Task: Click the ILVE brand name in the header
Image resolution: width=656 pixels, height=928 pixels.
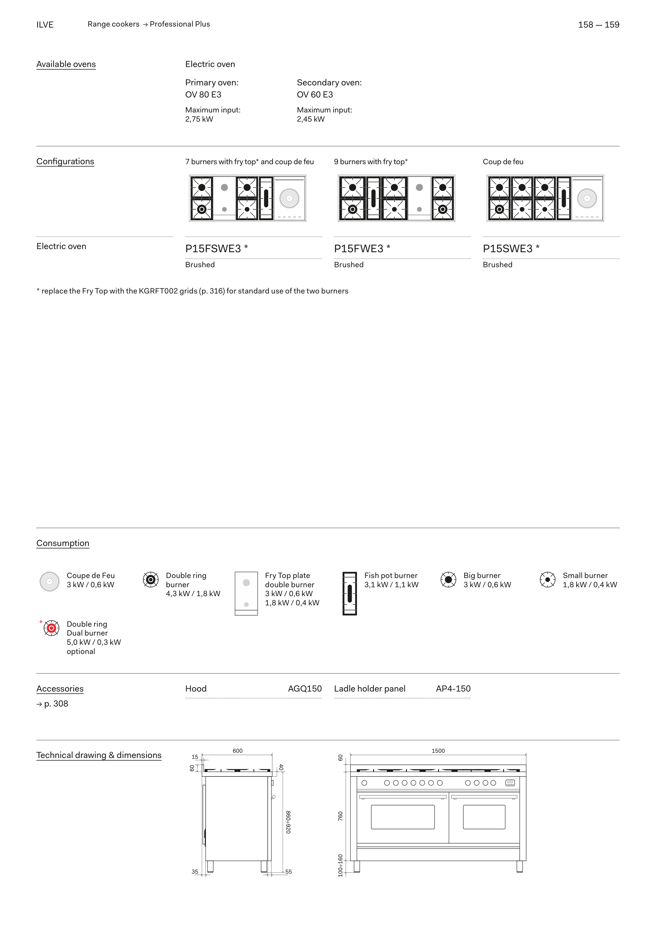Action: click(x=45, y=25)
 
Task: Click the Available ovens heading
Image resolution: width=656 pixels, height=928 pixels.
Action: click(x=66, y=64)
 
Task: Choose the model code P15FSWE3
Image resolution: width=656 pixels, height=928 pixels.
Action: click(x=213, y=249)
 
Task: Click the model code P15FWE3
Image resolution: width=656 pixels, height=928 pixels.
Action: click(x=359, y=249)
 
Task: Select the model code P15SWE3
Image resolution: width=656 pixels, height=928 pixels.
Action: click(x=508, y=249)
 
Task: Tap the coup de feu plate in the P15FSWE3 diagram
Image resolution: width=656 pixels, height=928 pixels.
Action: click(x=290, y=198)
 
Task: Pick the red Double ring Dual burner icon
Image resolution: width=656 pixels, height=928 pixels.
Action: click(x=51, y=628)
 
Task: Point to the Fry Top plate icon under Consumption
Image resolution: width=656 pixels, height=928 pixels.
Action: click(x=246, y=593)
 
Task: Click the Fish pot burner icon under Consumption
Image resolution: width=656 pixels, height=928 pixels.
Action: click(x=350, y=593)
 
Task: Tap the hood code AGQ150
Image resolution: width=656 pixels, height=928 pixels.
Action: click(x=305, y=689)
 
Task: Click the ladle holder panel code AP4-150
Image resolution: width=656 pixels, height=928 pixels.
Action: click(x=453, y=689)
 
